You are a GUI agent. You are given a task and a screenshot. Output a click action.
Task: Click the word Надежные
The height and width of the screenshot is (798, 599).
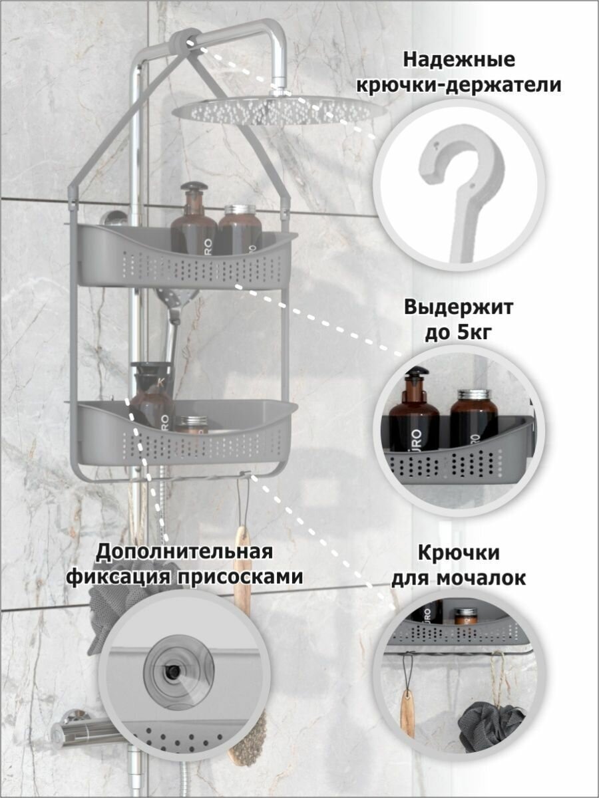(459, 60)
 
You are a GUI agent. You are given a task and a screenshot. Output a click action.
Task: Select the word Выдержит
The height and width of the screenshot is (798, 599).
(459, 308)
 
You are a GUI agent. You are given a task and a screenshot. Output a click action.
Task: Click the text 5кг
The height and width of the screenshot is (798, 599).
(475, 333)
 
